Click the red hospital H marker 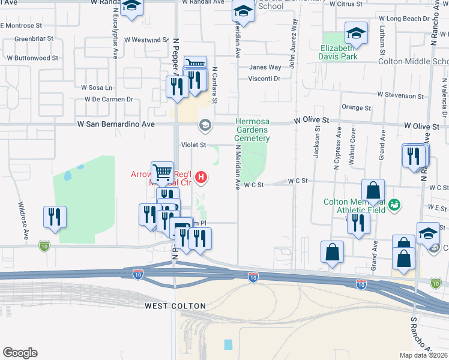(x=202, y=177)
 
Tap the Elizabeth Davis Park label (x=339, y=52)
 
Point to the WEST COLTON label (x=175, y=306)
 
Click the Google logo (x=20, y=353)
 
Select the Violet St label (x=194, y=145)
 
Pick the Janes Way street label (x=265, y=67)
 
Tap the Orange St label (x=356, y=107)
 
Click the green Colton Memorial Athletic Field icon (x=394, y=205)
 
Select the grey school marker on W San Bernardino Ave (x=205, y=124)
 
